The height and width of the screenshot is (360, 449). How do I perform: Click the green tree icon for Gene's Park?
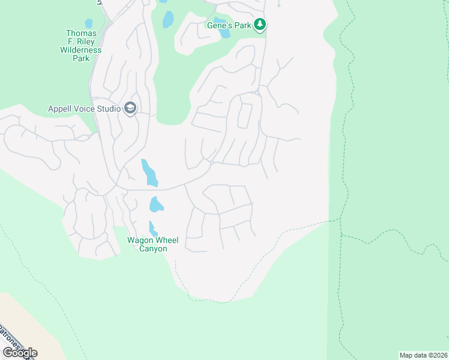[260, 25]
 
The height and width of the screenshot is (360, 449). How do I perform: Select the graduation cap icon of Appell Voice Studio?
[130, 108]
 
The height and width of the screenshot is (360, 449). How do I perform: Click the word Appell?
[61, 109]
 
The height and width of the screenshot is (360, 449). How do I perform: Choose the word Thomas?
[81, 34]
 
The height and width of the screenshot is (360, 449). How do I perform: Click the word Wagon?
[137, 240]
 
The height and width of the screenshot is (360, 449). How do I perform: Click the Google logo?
[20, 353]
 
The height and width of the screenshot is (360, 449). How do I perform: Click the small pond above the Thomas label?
[89, 24]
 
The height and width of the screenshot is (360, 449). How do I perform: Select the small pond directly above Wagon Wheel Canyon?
[152, 228]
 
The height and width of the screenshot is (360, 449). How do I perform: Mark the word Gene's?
[219, 25]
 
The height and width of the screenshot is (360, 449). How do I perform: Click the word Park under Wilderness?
[81, 59]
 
